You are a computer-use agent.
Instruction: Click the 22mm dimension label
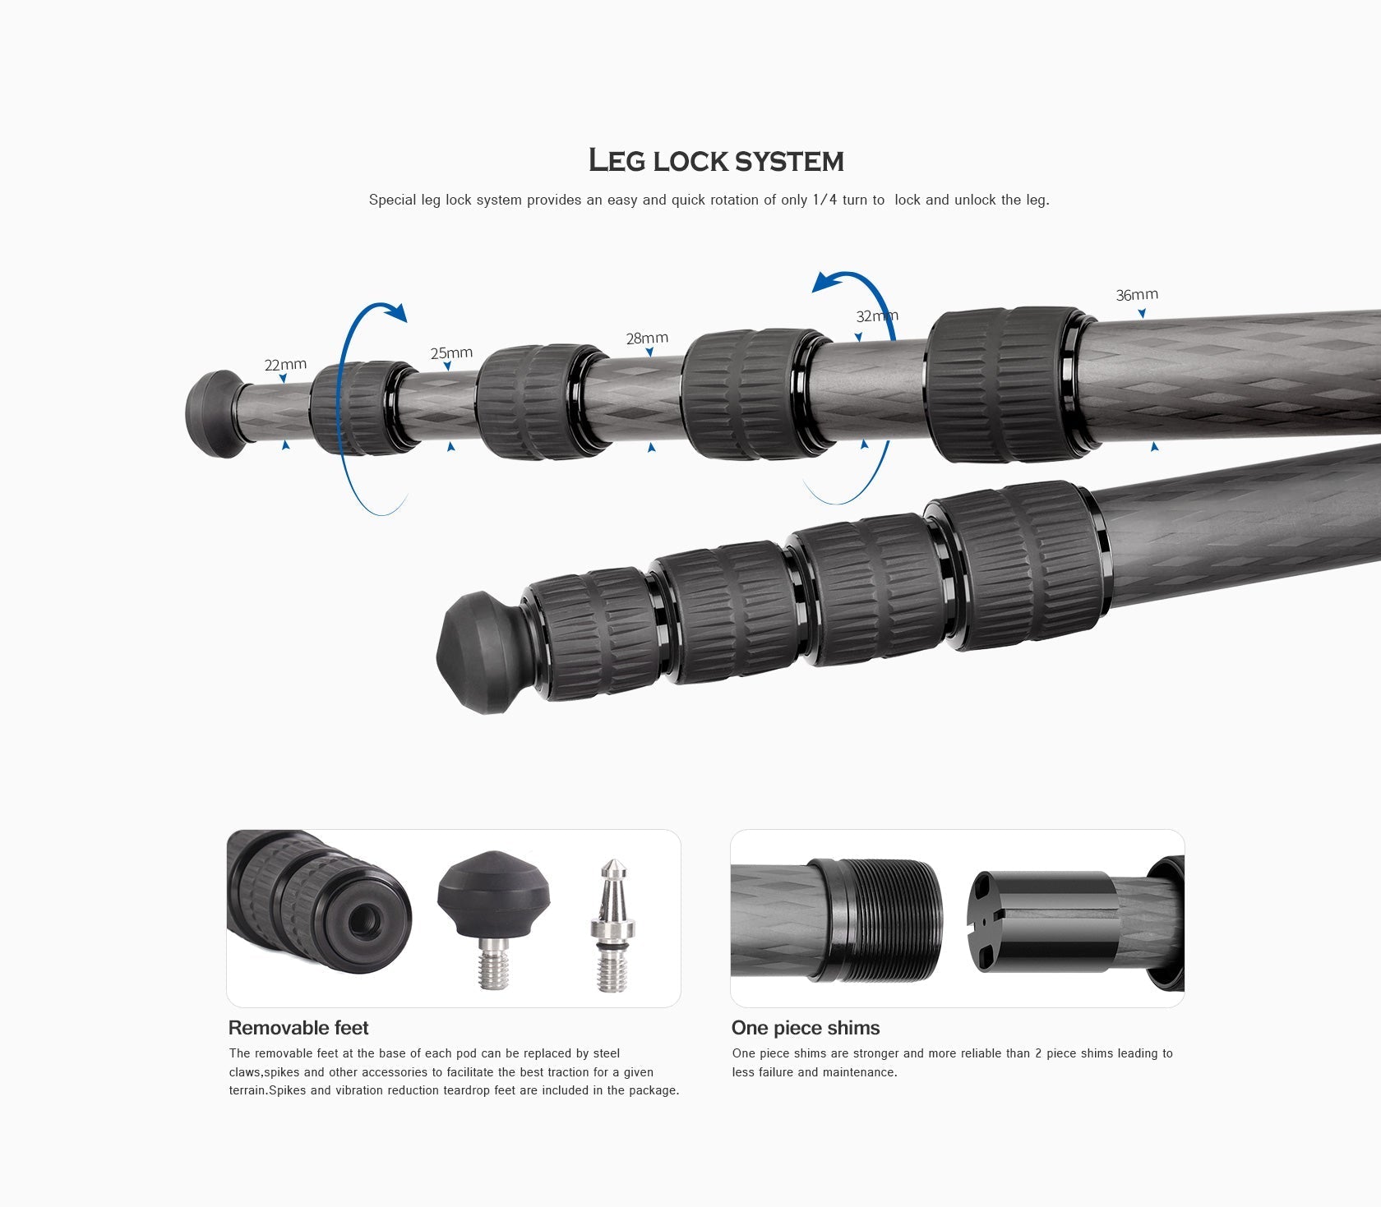coord(285,364)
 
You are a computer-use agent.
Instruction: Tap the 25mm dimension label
coord(451,352)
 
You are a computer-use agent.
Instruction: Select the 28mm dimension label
coord(647,338)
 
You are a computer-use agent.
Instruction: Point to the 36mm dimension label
coord(1137,294)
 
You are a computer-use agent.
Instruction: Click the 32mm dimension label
coord(876,316)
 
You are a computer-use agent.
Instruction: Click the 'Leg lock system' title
coord(716,161)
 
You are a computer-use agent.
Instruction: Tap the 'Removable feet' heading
coord(298,1028)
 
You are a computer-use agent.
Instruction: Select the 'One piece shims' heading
coord(805,1028)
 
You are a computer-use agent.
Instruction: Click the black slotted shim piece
coord(1042,921)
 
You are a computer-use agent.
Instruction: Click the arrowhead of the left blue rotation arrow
coord(398,313)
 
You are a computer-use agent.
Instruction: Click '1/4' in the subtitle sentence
coord(824,200)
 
